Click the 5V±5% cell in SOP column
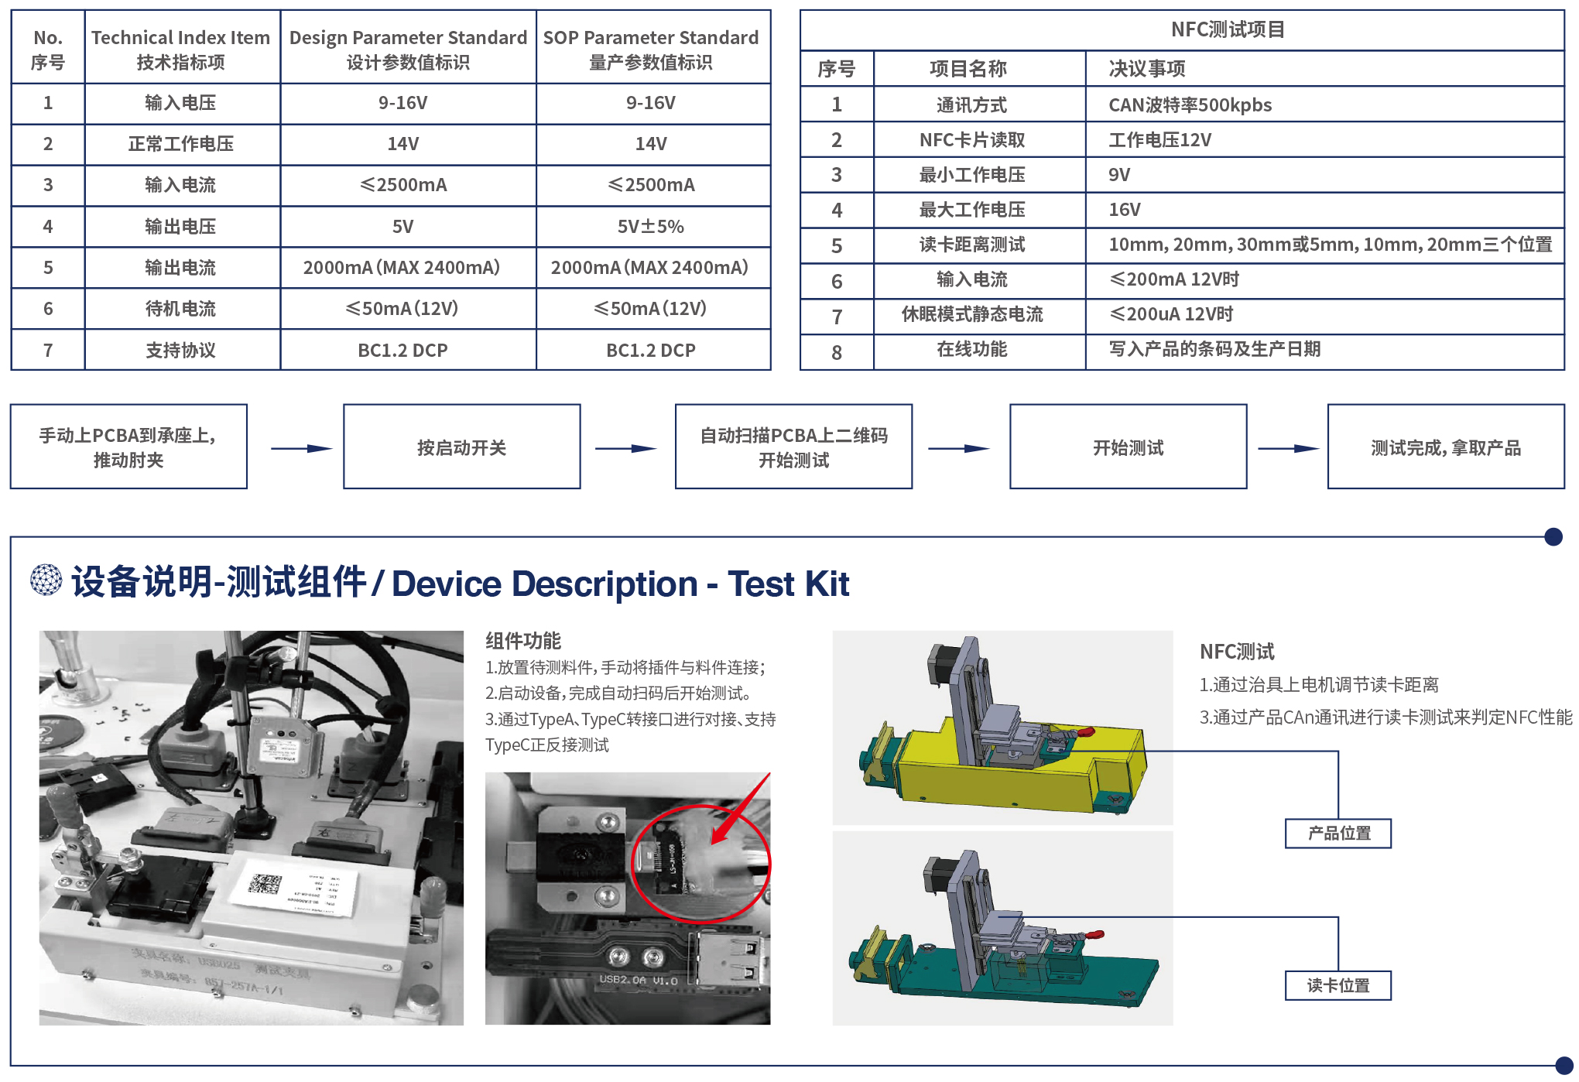(x=650, y=227)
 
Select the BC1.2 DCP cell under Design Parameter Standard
(x=402, y=351)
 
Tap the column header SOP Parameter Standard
(x=650, y=48)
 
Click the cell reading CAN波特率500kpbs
(x=1190, y=105)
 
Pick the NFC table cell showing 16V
(x=1124, y=210)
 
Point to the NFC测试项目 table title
(x=1227, y=30)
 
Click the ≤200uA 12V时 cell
(x=1170, y=314)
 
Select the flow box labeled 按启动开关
(x=461, y=447)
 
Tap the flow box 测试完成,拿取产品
(x=1445, y=447)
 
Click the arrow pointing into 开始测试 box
(x=959, y=448)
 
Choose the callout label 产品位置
(x=1338, y=834)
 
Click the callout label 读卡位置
(x=1338, y=985)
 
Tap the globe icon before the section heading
(x=46, y=580)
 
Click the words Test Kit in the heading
(x=788, y=584)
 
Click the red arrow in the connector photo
(x=742, y=809)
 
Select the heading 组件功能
(x=522, y=641)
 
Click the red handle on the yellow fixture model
(x=1084, y=731)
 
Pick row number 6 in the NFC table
(x=836, y=281)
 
